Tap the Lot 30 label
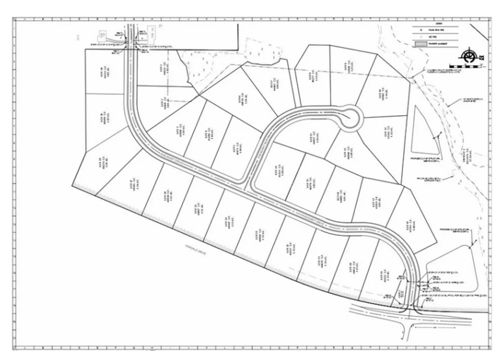pos(102,73)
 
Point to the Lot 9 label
pos(345,68)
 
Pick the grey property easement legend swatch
pos(421,42)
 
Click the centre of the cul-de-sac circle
pos(349,116)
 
